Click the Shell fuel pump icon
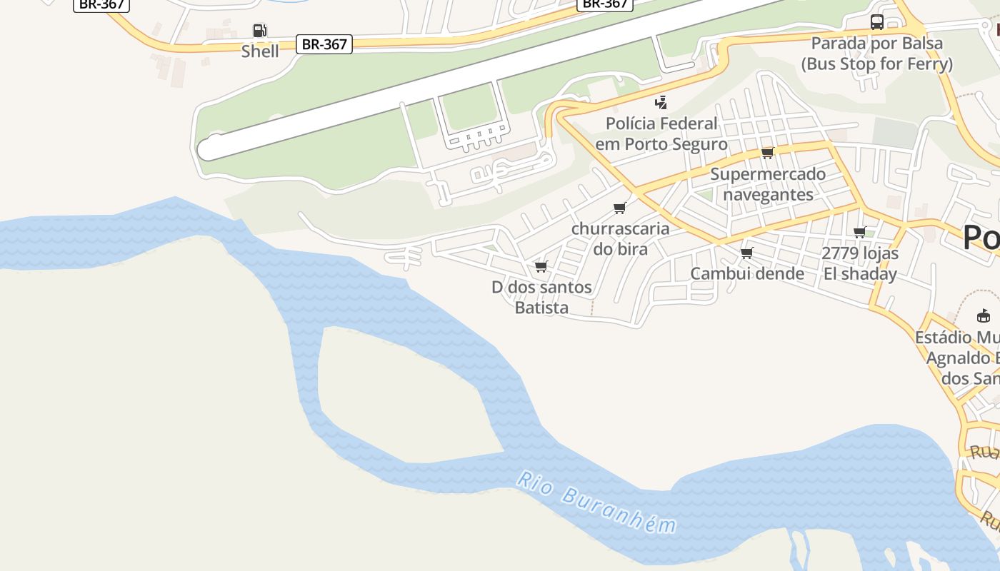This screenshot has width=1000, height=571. [260, 31]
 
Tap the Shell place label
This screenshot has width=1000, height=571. [260, 51]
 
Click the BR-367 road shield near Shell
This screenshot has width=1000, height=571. [324, 44]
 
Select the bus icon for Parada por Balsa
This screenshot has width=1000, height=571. [877, 22]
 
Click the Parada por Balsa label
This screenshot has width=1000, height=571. [877, 54]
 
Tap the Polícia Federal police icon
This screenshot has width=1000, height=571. [661, 102]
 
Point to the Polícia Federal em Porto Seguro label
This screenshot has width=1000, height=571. [661, 133]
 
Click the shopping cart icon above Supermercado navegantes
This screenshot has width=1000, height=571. [768, 153]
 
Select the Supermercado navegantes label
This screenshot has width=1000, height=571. [768, 184]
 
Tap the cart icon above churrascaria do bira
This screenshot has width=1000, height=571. [620, 208]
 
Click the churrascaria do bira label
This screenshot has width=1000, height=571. [620, 238]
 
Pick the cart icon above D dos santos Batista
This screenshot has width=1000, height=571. [541, 267]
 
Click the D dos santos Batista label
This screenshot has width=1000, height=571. [541, 297]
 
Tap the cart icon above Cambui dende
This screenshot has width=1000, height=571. [747, 253]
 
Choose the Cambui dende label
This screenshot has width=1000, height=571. [747, 273]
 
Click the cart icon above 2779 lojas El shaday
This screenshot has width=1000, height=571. [860, 232]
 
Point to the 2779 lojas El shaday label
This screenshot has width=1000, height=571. [860, 263]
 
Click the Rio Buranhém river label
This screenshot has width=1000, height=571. [596, 502]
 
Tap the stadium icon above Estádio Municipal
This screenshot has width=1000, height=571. [984, 315]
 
